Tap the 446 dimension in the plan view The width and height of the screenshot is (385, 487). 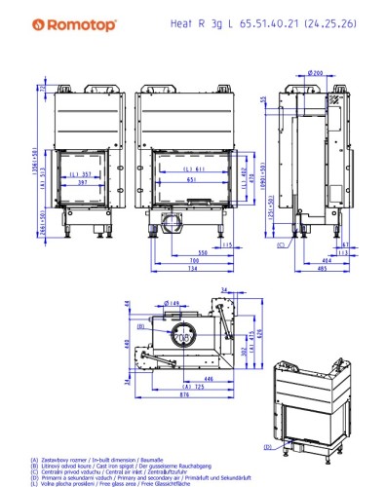click(x=181, y=379)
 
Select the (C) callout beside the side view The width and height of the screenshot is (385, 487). click(x=282, y=244)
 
